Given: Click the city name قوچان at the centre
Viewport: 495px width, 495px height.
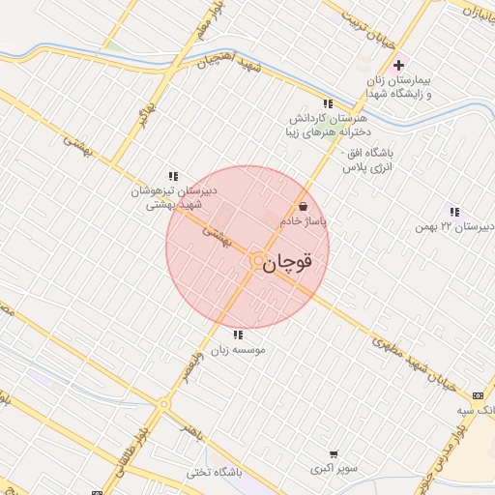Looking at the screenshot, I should click(289, 262).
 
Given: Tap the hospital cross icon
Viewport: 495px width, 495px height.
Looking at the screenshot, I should click(398, 65).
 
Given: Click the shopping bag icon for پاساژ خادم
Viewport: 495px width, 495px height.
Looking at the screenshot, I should click(304, 205).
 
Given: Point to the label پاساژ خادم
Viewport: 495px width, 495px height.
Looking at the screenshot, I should click(304, 221).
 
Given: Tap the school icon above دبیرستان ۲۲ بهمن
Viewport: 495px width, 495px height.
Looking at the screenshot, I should click(454, 212).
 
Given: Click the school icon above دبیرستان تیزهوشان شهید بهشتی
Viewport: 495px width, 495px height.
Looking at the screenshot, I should click(173, 176).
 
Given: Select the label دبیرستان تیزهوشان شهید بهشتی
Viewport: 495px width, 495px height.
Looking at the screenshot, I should click(173, 198).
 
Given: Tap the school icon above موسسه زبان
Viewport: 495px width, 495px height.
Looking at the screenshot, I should click(238, 335).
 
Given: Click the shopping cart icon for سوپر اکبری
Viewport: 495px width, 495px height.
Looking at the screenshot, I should click(334, 453).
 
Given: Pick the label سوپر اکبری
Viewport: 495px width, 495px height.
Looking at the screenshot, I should click(334, 469).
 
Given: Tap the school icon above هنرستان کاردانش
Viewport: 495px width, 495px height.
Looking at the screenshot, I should click(328, 103).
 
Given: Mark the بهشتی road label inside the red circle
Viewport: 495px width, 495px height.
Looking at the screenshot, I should click(217, 236).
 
